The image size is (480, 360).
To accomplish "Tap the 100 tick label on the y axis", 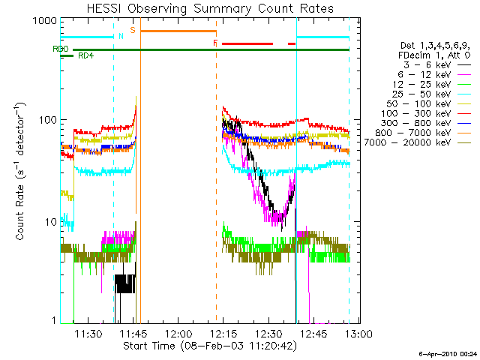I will click(46, 120).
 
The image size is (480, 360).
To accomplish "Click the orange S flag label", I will click(133, 30).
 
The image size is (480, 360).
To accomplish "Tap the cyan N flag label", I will click(121, 36).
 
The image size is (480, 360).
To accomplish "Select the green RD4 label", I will click(86, 55).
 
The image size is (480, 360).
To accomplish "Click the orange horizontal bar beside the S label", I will click(178, 31).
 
